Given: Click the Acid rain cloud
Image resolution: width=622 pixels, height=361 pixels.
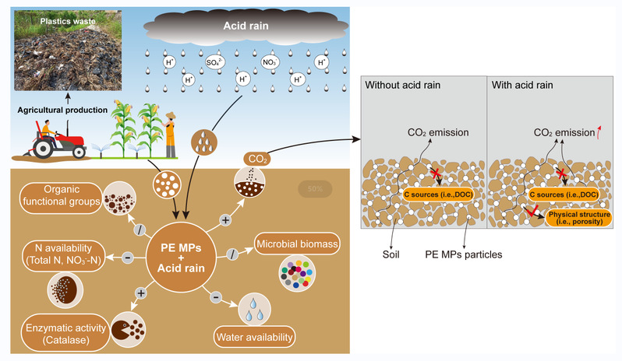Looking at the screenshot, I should (245, 26).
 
